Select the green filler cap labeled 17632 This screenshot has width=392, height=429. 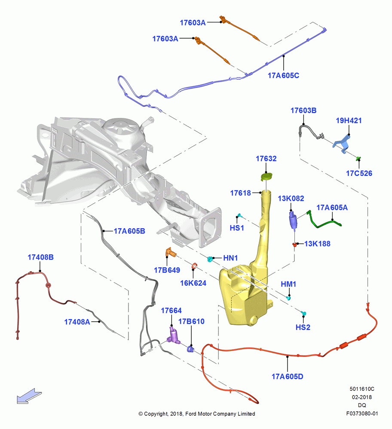click(266, 177)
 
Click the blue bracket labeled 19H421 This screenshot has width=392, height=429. click(342, 144)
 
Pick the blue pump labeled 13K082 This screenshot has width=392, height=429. click(293, 220)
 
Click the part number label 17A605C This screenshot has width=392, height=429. click(283, 76)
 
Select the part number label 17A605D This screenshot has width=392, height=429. click(287, 377)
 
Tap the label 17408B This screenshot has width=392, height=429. click(40, 257)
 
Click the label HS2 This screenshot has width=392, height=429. click(303, 327)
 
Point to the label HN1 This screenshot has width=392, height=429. click(230, 258)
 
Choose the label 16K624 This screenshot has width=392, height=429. click(193, 283)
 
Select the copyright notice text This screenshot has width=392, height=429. click(197, 414)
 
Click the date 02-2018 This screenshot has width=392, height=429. click(362, 397)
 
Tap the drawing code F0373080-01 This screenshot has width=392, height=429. click(362, 414)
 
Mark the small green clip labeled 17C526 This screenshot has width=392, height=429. click(358, 158)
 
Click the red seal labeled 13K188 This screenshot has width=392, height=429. click(295, 245)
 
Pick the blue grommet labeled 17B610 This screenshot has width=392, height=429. click(190, 349)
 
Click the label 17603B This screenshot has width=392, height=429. click(303, 111)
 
